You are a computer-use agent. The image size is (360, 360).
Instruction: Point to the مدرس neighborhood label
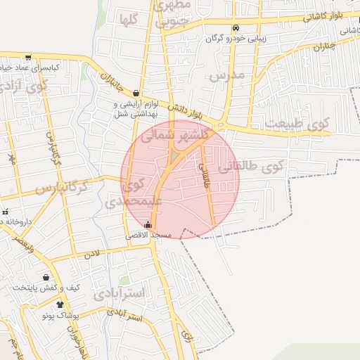(x=226, y=75)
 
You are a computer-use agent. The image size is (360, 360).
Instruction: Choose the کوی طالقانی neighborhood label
(x=250, y=167)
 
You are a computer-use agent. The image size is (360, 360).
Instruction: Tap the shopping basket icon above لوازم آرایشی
(x=136, y=93)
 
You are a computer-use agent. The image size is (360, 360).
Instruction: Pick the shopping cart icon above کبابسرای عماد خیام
(x=27, y=58)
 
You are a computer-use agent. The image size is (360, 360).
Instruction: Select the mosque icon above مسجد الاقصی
(x=147, y=226)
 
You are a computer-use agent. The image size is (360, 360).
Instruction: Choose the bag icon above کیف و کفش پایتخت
(x=46, y=277)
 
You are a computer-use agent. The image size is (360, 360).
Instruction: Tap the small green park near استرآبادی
(x=124, y=280)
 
